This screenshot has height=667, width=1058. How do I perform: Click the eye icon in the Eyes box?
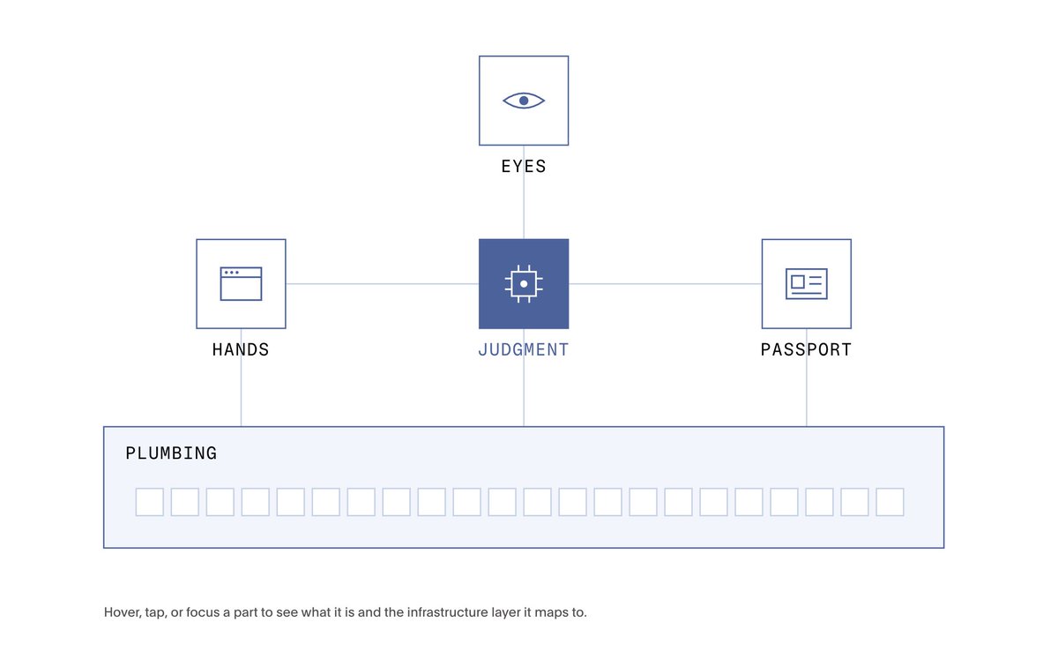coord(524,101)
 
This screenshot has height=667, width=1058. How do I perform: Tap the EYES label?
coord(524,167)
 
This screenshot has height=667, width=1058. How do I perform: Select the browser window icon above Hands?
coord(241,283)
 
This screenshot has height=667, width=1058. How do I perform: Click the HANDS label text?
coord(241,349)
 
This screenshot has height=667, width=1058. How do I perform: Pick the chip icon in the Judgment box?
coord(524,283)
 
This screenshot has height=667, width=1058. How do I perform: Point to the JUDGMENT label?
coord(524,349)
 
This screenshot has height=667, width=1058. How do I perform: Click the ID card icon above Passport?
coord(806,283)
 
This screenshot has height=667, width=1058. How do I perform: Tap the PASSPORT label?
coord(806,349)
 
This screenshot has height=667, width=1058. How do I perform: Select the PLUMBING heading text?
coord(171,453)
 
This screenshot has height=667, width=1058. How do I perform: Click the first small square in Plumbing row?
coord(150,502)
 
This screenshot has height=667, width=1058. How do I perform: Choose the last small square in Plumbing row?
coord(890,502)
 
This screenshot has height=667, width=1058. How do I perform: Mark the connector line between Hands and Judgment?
coord(382,283)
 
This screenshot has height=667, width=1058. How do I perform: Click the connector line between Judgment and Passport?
coord(665,283)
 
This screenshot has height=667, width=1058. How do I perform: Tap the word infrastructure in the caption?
coord(447,612)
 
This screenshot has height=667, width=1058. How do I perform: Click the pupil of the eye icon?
coord(524,101)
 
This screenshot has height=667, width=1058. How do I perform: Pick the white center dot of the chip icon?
coord(524,284)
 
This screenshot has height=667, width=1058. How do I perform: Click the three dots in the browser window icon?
coord(231,273)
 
